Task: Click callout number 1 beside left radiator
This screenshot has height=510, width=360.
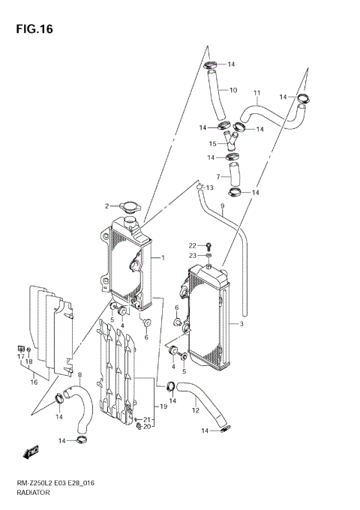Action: click(x=162, y=258)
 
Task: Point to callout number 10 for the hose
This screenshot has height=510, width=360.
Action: click(x=232, y=90)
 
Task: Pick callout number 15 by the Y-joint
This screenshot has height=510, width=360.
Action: click(x=212, y=143)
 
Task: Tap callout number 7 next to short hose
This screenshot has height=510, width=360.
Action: click(x=218, y=176)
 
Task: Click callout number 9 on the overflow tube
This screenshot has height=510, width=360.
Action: click(x=222, y=205)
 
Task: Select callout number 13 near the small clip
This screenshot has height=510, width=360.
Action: click(x=210, y=187)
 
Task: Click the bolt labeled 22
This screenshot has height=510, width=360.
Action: click(x=209, y=245)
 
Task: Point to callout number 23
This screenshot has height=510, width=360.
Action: click(x=193, y=256)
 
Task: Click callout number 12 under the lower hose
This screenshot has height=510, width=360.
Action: click(x=195, y=409)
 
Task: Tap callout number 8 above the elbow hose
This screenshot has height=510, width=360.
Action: click(x=80, y=374)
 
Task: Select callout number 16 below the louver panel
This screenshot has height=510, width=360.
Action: click(x=34, y=382)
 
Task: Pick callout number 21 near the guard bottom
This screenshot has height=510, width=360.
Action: click(x=148, y=419)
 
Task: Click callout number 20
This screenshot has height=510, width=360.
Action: click(x=148, y=427)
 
